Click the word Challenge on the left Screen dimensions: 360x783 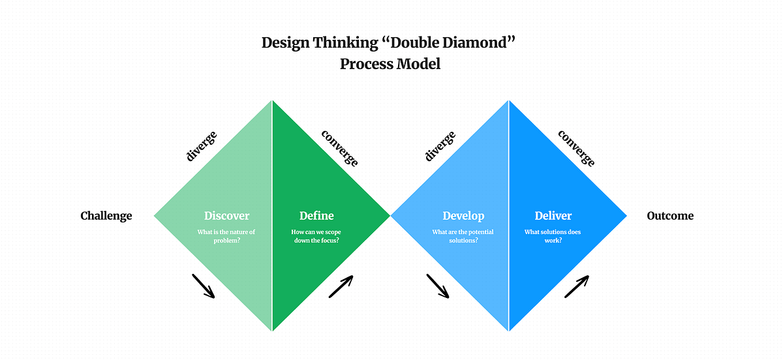click(x=106, y=216)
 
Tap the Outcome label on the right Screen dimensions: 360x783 click(x=670, y=216)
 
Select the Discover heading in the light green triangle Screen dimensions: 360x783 click(x=226, y=216)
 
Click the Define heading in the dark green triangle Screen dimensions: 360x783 click(x=316, y=216)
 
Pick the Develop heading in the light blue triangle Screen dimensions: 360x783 click(x=463, y=216)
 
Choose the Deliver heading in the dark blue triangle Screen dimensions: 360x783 click(x=553, y=216)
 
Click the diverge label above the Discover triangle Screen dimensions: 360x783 click(x=202, y=146)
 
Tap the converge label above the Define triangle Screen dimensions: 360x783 click(x=340, y=148)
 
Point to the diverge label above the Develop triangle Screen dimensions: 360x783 click(x=440, y=146)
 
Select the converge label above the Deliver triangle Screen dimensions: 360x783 click(x=576, y=148)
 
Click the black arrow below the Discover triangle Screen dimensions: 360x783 click(x=203, y=286)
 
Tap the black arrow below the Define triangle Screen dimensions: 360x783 click(x=341, y=286)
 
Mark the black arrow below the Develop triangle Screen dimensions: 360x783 click(x=438, y=286)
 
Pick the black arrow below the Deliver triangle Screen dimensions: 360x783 click(x=576, y=286)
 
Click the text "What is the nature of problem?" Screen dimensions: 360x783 click(x=226, y=236)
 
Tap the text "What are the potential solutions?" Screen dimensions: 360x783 click(x=463, y=236)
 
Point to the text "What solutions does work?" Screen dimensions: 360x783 click(x=552, y=236)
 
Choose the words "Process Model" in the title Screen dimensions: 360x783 click(x=390, y=64)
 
